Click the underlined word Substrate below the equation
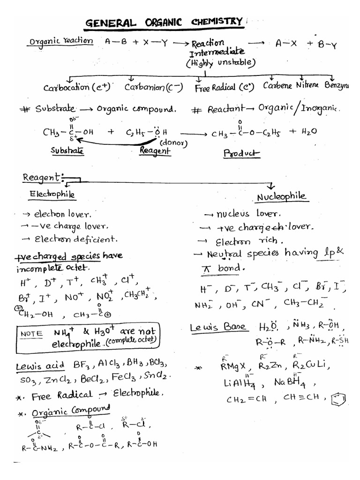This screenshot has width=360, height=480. click(67, 151)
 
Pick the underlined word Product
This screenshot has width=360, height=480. click(241, 153)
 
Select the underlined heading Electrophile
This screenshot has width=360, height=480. click(52, 194)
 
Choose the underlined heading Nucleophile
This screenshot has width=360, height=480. click(282, 197)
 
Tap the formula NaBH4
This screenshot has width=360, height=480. click(292, 382)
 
